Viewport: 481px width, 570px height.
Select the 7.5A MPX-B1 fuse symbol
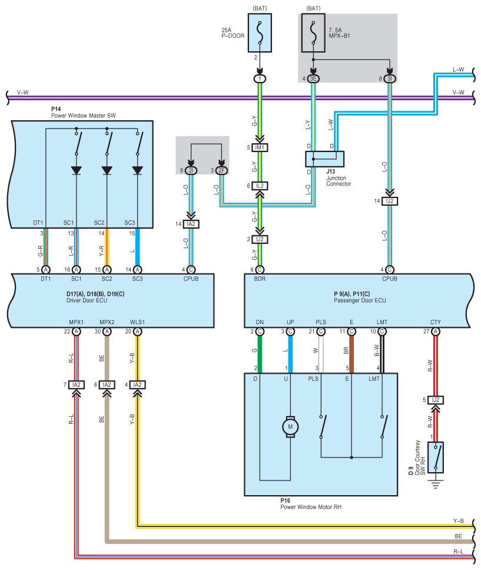click(x=313, y=34)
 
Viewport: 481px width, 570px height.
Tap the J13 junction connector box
click(x=324, y=159)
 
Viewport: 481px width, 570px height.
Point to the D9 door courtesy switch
click(x=436, y=457)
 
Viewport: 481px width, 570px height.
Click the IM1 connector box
click(x=260, y=147)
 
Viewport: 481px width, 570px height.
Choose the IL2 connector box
click(x=260, y=186)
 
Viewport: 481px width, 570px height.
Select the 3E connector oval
click(x=313, y=78)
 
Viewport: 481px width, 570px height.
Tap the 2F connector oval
click(x=222, y=171)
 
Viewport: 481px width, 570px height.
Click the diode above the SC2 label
click(x=107, y=170)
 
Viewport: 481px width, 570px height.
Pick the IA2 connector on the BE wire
click(x=107, y=384)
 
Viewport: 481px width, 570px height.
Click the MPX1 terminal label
click(x=76, y=322)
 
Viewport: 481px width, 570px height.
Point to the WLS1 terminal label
click(x=137, y=322)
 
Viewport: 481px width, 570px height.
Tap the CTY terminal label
click(x=435, y=322)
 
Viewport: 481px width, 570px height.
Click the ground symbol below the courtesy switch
click(x=436, y=485)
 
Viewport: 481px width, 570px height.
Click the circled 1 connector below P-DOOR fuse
click(x=260, y=78)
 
